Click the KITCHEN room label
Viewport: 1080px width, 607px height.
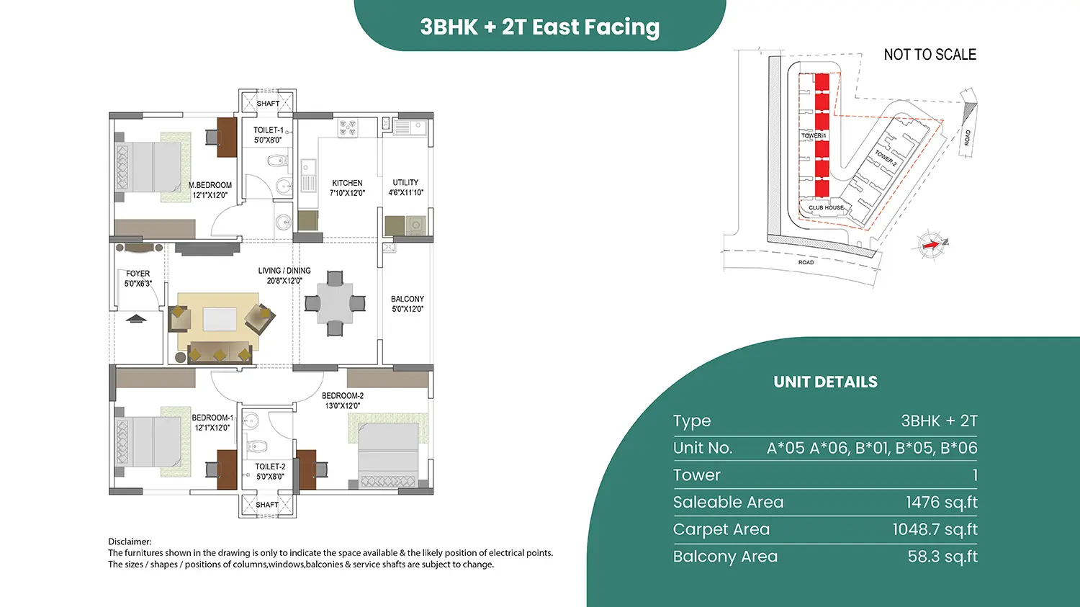(347, 183)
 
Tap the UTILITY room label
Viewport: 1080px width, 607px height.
(405, 183)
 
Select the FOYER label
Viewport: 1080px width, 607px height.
(138, 274)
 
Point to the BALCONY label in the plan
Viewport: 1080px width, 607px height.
(408, 299)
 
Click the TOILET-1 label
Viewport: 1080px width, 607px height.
(269, 130)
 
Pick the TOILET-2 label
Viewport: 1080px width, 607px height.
(270, 467)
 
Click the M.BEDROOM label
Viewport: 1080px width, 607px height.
(210, 185)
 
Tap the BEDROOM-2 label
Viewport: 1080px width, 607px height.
(343, 396)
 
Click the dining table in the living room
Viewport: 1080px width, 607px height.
(335, 303)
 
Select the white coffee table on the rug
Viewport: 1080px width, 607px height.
(220, 319)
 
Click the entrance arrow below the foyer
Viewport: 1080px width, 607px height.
(136, 318)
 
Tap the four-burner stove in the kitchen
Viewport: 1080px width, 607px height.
(347, 127)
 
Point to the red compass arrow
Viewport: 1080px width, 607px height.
(931, 245)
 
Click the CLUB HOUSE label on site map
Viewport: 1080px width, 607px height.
(826, 208)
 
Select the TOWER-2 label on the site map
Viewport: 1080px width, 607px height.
(886, 158)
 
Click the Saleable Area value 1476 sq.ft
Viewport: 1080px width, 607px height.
(942, 503)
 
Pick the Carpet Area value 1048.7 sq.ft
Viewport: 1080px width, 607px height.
(935, 529)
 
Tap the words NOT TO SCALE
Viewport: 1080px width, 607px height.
(930, 55)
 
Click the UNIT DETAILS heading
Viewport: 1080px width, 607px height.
(825, 382)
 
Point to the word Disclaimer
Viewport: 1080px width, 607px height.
(130, 541)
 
